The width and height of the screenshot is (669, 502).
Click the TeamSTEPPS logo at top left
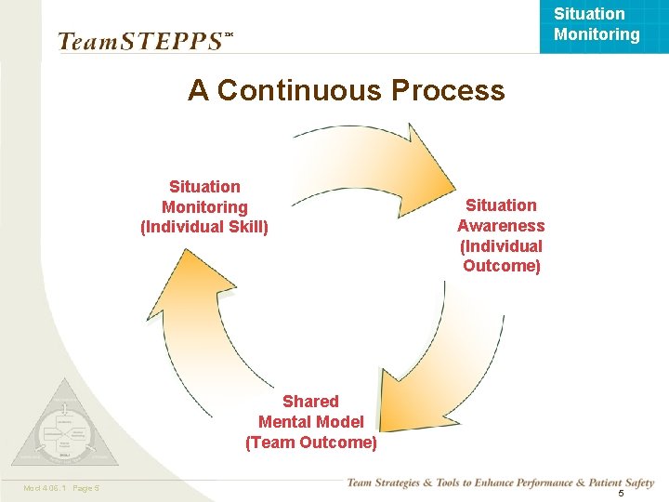[x=139, y=41]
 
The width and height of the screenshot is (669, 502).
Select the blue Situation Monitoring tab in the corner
[x=597, y=25]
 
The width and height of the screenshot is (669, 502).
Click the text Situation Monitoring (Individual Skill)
[x=204, y=206]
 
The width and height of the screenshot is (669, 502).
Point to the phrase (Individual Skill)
[x=204, y=227]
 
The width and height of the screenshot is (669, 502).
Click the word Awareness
[x=501, y=226]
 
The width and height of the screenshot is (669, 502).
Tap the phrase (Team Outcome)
[x=311, y=443]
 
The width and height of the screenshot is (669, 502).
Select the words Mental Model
[x=311, y=422]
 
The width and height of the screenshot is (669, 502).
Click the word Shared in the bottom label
[x=310, y=402]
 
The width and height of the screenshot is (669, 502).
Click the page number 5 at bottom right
[x=621, y=493]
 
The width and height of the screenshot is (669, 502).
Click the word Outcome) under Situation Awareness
[x=501, y=267]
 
